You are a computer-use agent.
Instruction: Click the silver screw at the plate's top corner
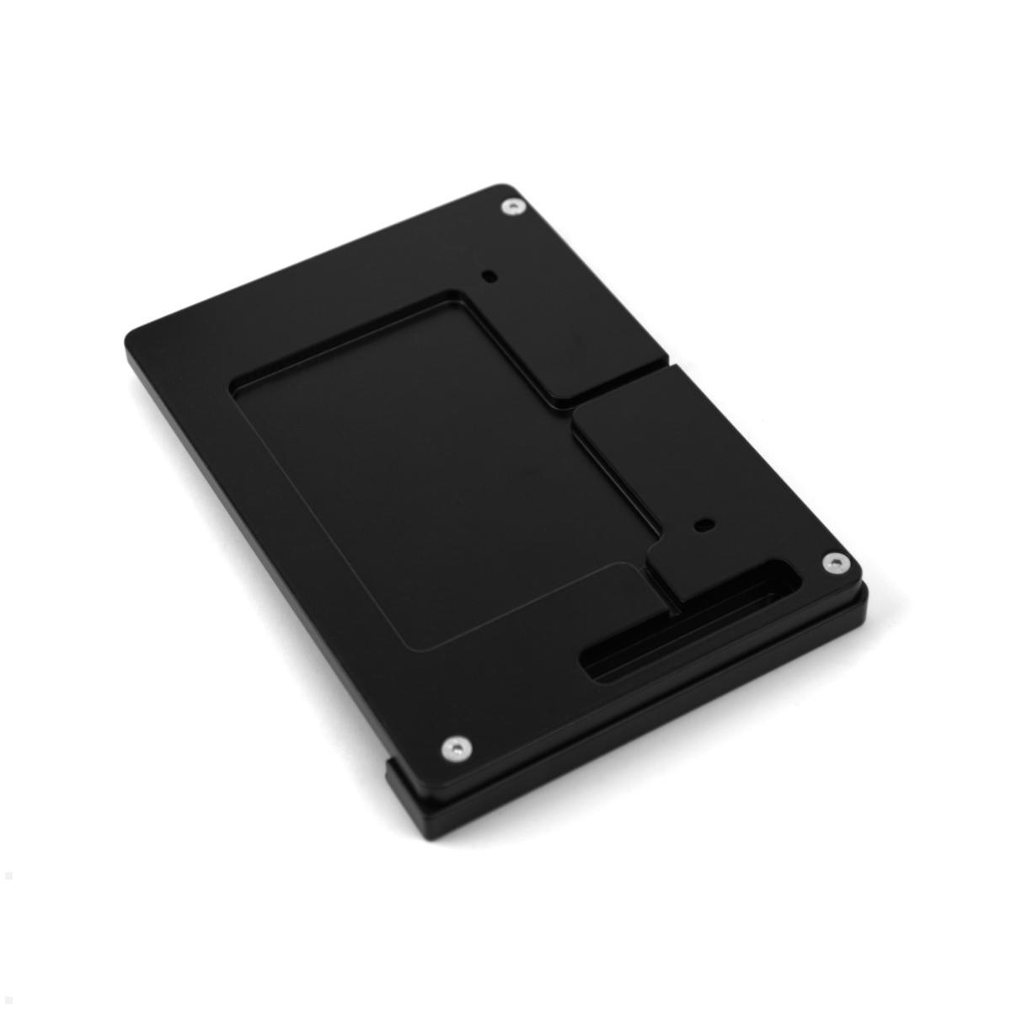pos(511,206)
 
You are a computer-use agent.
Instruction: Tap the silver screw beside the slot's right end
pos(833,562)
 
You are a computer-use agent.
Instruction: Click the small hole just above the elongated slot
pos(701,526)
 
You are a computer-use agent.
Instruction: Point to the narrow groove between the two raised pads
pos(619,387)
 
